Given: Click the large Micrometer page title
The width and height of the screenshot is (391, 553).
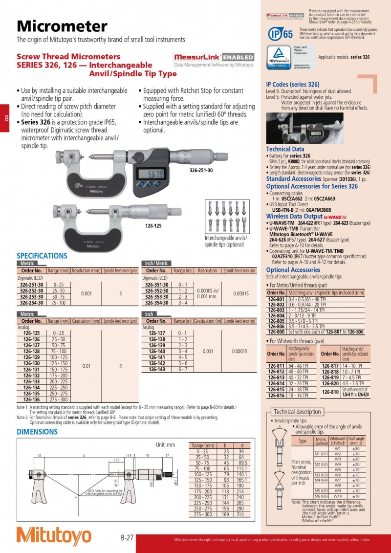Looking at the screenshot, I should pos(62,26).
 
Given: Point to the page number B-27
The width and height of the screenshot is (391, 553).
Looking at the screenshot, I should pos(127,538).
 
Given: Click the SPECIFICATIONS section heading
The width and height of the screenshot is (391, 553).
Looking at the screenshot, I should pos(42,256).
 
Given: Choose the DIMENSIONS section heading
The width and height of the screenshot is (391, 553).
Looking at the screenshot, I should pos(37,432).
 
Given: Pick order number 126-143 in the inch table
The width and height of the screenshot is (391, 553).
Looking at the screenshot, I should pos(156,370).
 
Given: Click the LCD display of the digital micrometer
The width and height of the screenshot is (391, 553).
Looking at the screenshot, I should pos(152,174).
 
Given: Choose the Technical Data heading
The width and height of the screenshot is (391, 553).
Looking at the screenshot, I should pos(285,149).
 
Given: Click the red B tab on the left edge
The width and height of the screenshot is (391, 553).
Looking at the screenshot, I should pos(6,118).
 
